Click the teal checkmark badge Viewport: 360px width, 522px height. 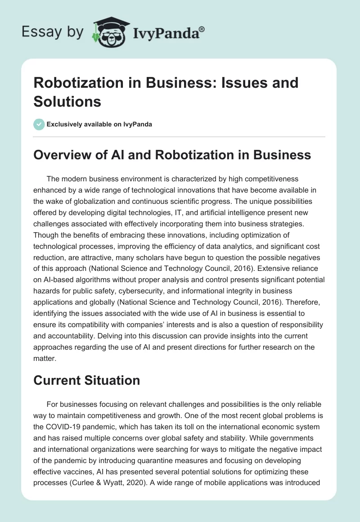[39, 125]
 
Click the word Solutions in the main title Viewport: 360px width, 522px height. [67, 102]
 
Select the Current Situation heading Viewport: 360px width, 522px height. [87, 380]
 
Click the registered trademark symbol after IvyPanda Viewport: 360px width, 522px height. [202, 29]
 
